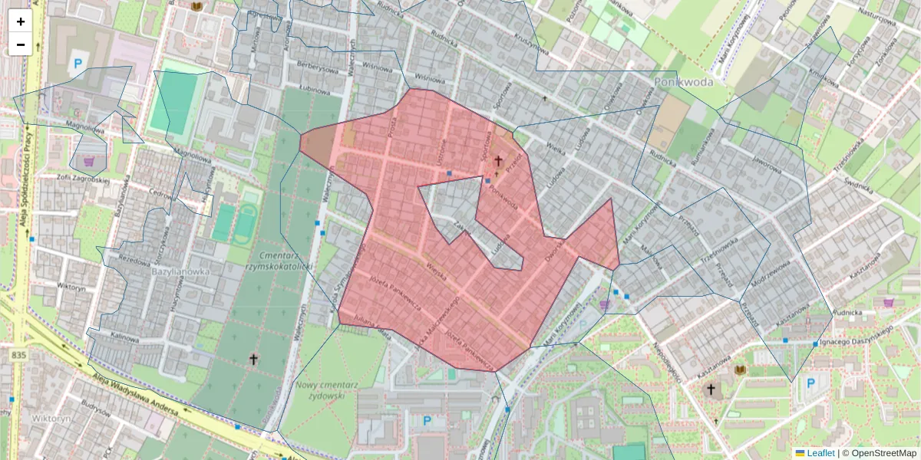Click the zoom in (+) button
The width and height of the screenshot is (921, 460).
point(21,21)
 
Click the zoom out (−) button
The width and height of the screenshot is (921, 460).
point(21,44)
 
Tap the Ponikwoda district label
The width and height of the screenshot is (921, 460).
point(684,80)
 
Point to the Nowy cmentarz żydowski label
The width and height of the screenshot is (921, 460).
point(321,390)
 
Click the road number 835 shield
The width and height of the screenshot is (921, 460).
point(19,355)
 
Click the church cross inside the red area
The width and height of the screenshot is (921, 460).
point(498,161)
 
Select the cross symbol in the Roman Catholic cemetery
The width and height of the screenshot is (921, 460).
point(253,359)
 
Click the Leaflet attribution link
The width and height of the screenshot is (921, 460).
point(820,453)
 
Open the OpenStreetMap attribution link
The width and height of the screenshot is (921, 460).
point(883,453)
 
